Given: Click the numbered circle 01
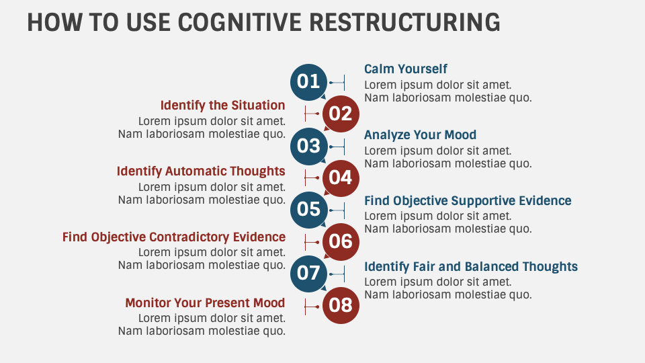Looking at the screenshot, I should tap(308, 82).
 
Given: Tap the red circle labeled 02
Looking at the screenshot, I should tap(341, 114).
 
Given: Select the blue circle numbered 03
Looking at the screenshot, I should tap(308, 146).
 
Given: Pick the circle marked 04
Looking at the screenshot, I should tap(341, 177).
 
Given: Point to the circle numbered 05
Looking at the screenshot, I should tap(308, 209).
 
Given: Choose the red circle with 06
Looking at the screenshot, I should tap(341, 241).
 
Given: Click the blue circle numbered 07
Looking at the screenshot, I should tap(308, 273).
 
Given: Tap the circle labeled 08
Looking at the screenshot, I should tap(341, 306).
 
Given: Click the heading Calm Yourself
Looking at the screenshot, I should tap(405, 69).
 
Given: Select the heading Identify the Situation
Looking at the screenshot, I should tap(222, 106).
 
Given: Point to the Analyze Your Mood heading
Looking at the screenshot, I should tap(420, 135).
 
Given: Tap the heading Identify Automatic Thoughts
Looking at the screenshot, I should tap(201, 171).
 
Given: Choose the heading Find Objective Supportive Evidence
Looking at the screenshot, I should tap(468, 201).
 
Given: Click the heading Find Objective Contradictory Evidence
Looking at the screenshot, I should tap(174, 237).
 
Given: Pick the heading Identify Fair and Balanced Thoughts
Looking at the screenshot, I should tap(470, 267).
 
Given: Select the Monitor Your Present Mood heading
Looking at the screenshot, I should tap(205, 303).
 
